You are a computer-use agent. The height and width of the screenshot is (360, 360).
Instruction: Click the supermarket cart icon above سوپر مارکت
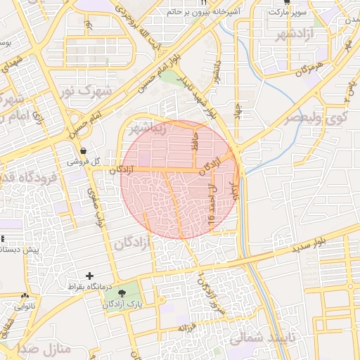point(285,2)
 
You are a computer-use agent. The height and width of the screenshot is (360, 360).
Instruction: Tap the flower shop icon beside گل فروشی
point(84,151)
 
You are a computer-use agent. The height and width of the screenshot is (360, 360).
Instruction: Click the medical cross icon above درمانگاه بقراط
point(89,276)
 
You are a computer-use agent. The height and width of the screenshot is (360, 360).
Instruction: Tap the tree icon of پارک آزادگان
point(122,292)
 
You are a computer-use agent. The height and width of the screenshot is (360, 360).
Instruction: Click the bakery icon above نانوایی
point(25,296)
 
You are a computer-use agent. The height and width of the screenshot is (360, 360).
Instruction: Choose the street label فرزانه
point(186,327)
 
